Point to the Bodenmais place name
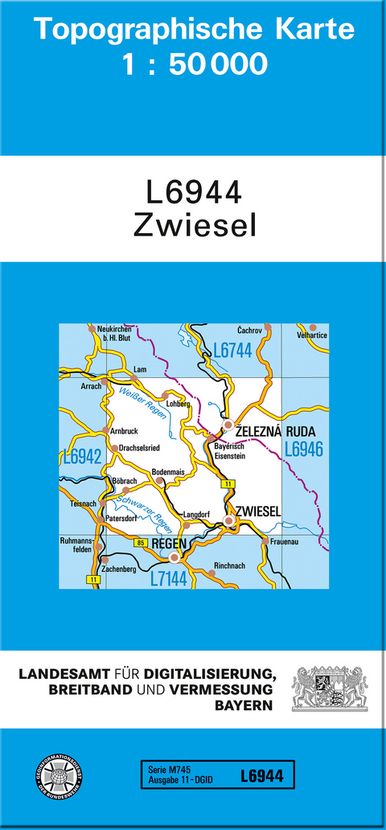(x=169, y=472)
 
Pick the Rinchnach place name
(x=230, y=566)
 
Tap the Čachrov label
(x=250, y=331)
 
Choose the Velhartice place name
(x=312, y=334)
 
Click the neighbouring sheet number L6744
(x=232, y=350)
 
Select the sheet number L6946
(x=303, y=450)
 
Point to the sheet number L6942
(x=82, y=457)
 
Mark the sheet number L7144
(x=169, y=578)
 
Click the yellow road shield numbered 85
(x=142, y=544)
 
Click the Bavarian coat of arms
(x=329, y=688)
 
